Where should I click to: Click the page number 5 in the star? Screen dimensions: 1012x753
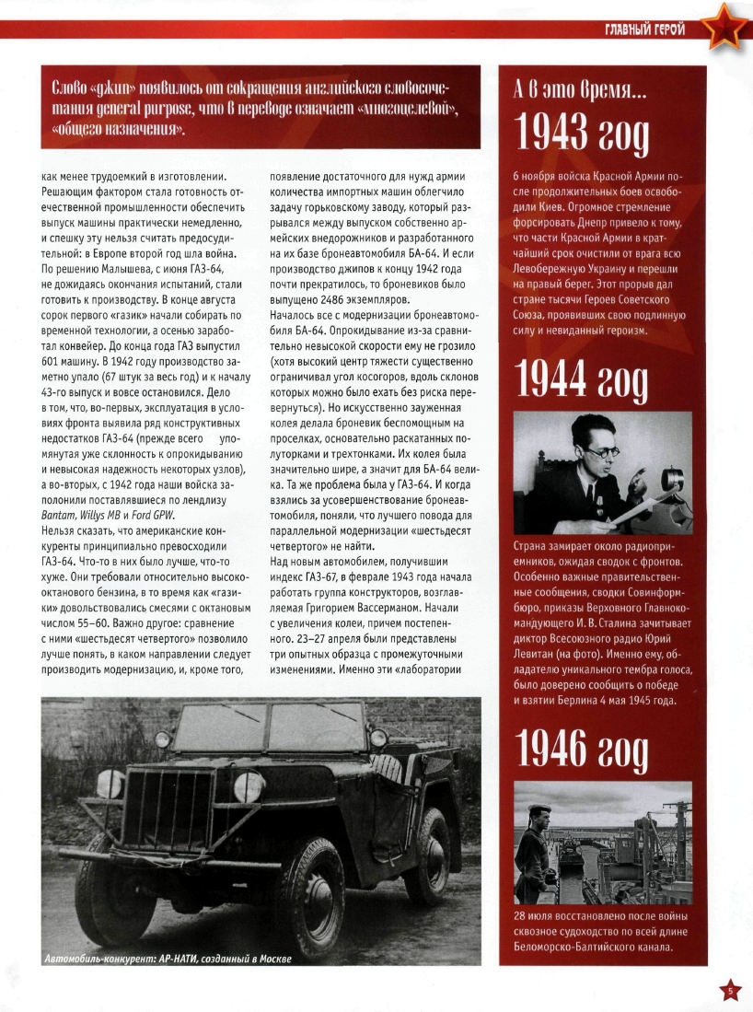pyautogui.click(x=729, y=991)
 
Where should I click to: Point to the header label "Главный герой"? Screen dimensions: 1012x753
pyautogui.click(x=644, y=30)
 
